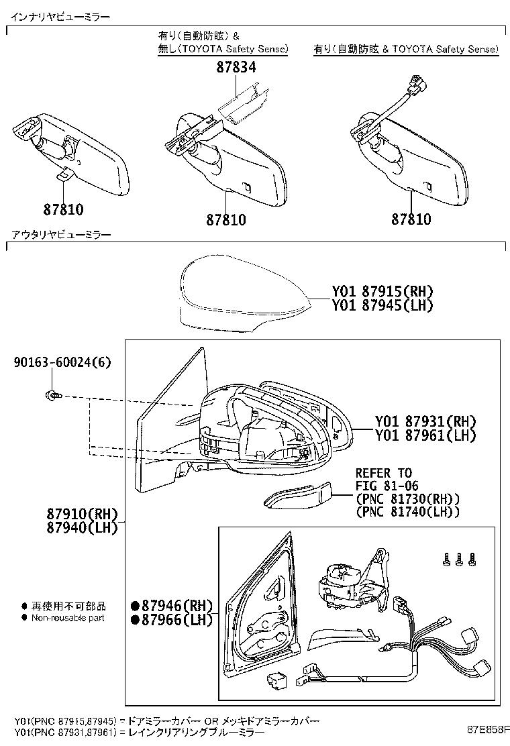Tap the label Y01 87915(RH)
point(382,292)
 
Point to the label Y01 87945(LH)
point(382,305)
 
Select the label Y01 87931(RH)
point(425,421)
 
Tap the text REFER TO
point(383,473)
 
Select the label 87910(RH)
point(82,514)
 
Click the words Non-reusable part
point(68,618)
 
